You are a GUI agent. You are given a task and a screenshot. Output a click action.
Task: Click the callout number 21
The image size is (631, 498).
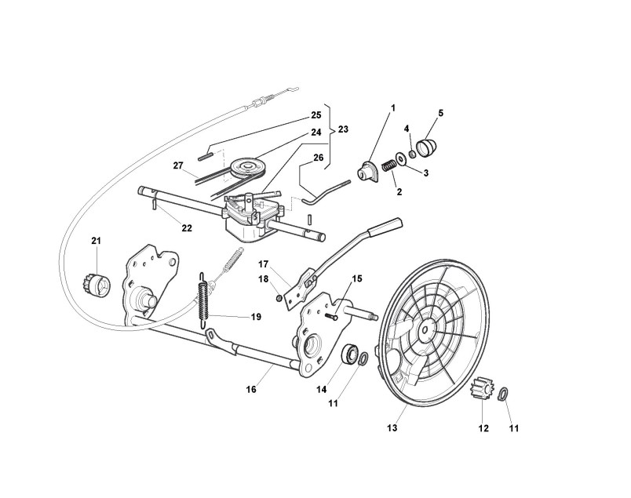click(97, 240)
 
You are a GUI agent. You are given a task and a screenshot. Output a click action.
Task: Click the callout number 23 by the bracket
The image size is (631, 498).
click(343, 129)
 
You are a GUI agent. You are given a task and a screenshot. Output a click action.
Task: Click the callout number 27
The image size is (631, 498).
click(178, 165)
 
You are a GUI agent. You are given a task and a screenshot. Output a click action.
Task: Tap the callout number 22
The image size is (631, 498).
click(186, 228)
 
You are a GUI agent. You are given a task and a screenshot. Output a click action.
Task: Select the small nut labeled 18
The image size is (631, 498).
click(279, 297)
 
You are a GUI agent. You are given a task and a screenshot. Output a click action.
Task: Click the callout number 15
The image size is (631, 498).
click(357, 278)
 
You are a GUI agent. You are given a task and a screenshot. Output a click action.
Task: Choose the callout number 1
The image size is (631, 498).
click(392, 107)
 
